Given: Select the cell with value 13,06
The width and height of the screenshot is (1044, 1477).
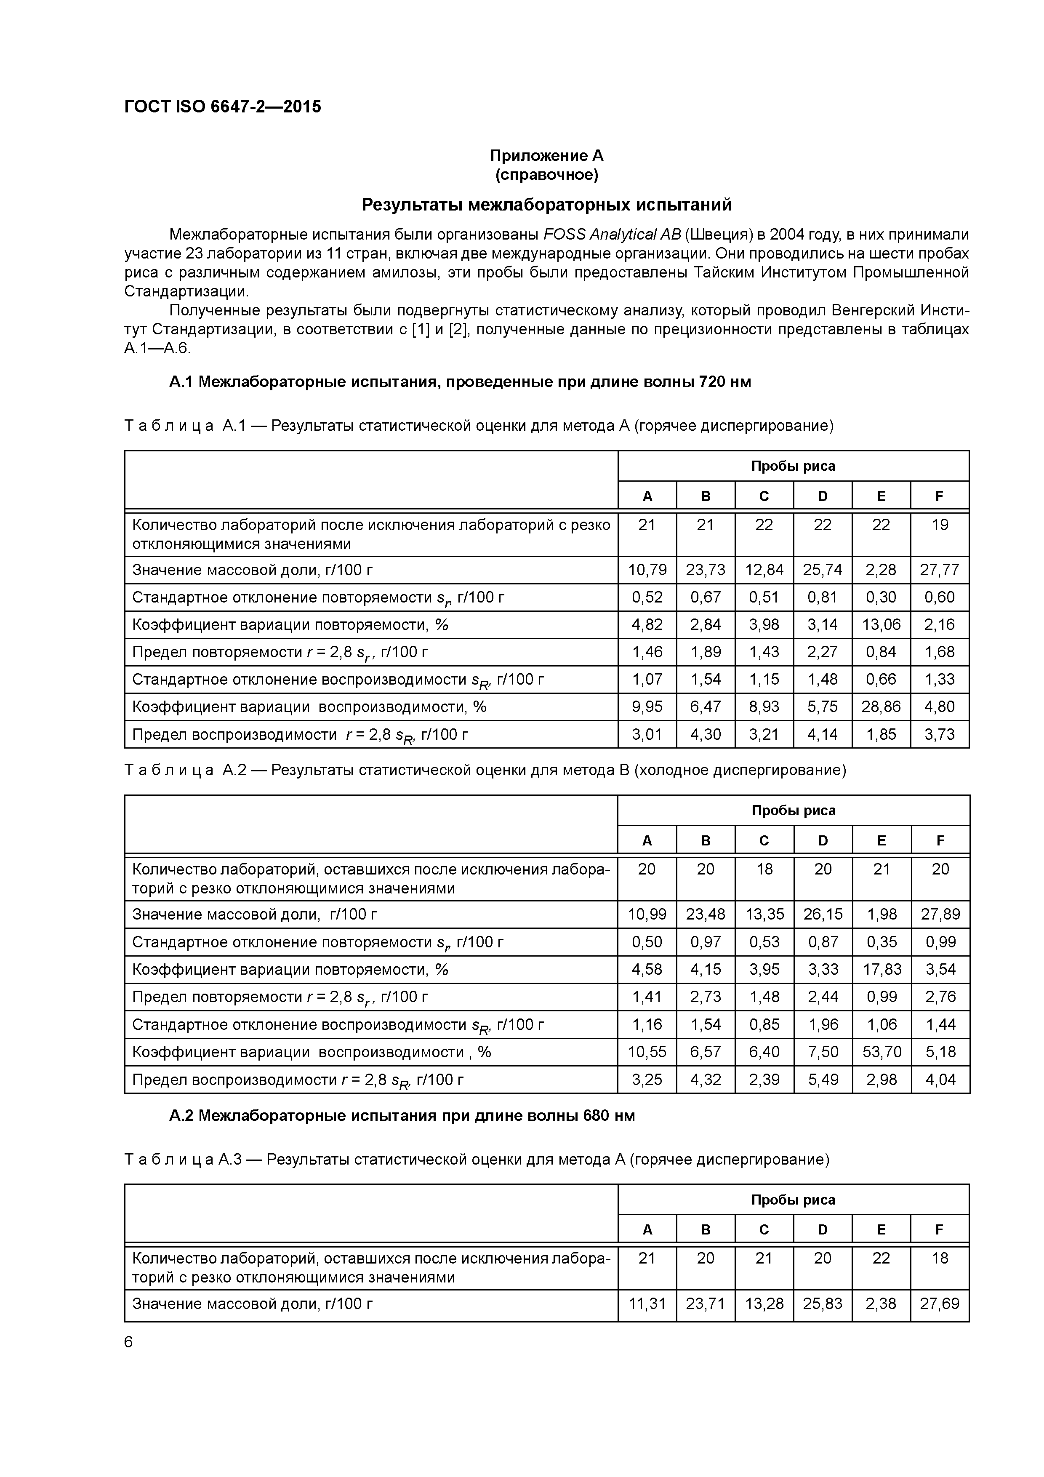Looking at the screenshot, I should pyautogui.click(x=881, y=625).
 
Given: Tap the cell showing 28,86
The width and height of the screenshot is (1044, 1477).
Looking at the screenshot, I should pyautogui.click(x=881, y=707).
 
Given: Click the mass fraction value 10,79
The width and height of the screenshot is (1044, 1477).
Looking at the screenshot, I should pyautogui.click(x=647, y=570).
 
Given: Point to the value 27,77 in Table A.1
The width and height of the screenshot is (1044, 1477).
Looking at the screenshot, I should pyautogui.click(x=939, y=570).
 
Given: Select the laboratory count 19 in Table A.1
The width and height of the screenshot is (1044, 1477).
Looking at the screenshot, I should pyautogui.click(x=939, y=525).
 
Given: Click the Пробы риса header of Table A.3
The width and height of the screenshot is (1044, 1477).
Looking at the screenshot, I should pyautogui.click(x=793, y=1200).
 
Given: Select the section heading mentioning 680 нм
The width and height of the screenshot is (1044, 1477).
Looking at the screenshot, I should pyautogui.click(x=402, y=1115).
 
